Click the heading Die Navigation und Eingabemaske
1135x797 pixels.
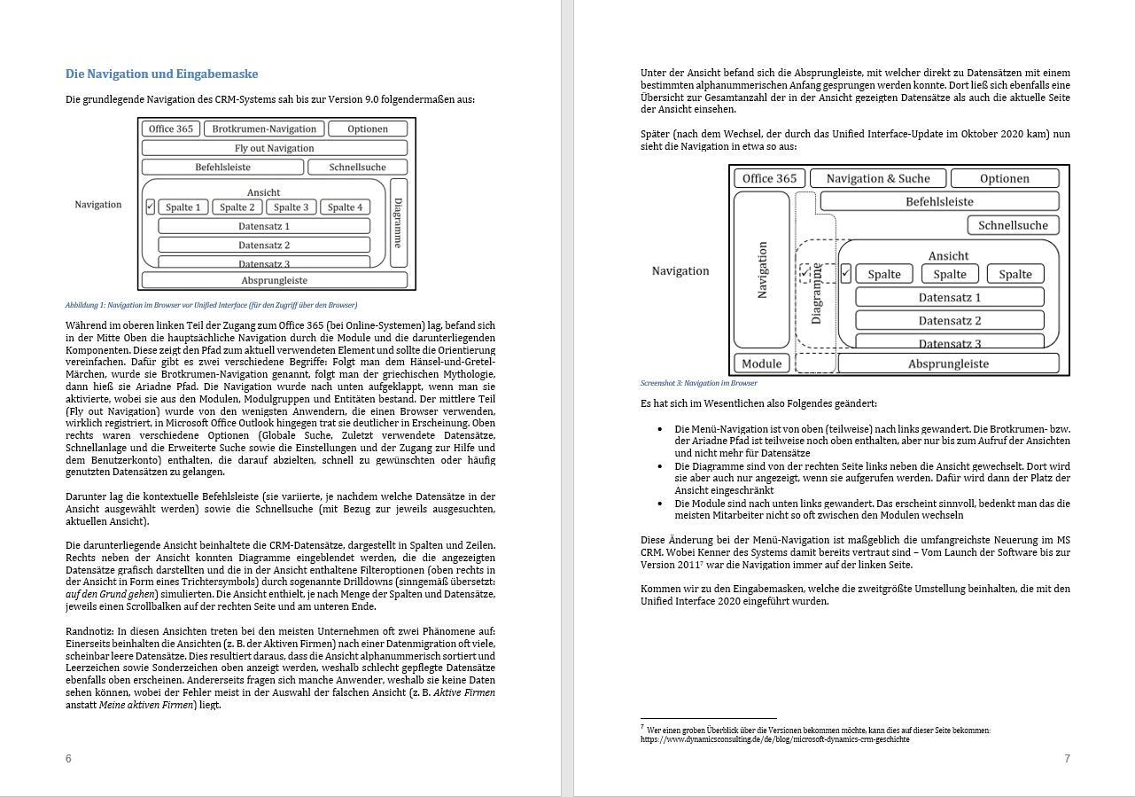tap(161, 74)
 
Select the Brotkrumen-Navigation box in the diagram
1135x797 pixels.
tap(264, 129)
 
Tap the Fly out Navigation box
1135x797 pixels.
tap(274, 148)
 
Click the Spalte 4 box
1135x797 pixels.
tap(345, 207)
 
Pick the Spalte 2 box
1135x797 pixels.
tap(237, 207)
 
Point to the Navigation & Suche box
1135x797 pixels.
tap(877, 178)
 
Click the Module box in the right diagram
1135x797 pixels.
tap(761, 363)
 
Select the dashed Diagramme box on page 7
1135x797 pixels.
tap(816, 293)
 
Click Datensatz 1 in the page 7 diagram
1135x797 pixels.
tap(949, 297)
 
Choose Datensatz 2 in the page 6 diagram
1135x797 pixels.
tap(264, 245)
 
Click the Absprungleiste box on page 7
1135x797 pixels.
tap(948, 363)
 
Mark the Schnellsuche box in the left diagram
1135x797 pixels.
tap(357, 167)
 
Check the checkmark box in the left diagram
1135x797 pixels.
tap(150, 207)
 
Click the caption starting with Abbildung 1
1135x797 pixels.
tap(211, 305)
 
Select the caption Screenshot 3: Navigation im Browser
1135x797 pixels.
tap(698, 383)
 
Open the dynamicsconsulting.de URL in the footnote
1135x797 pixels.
tap(774, 739)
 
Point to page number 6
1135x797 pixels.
tap(68, 758)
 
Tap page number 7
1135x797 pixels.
tap(1067, 758)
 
